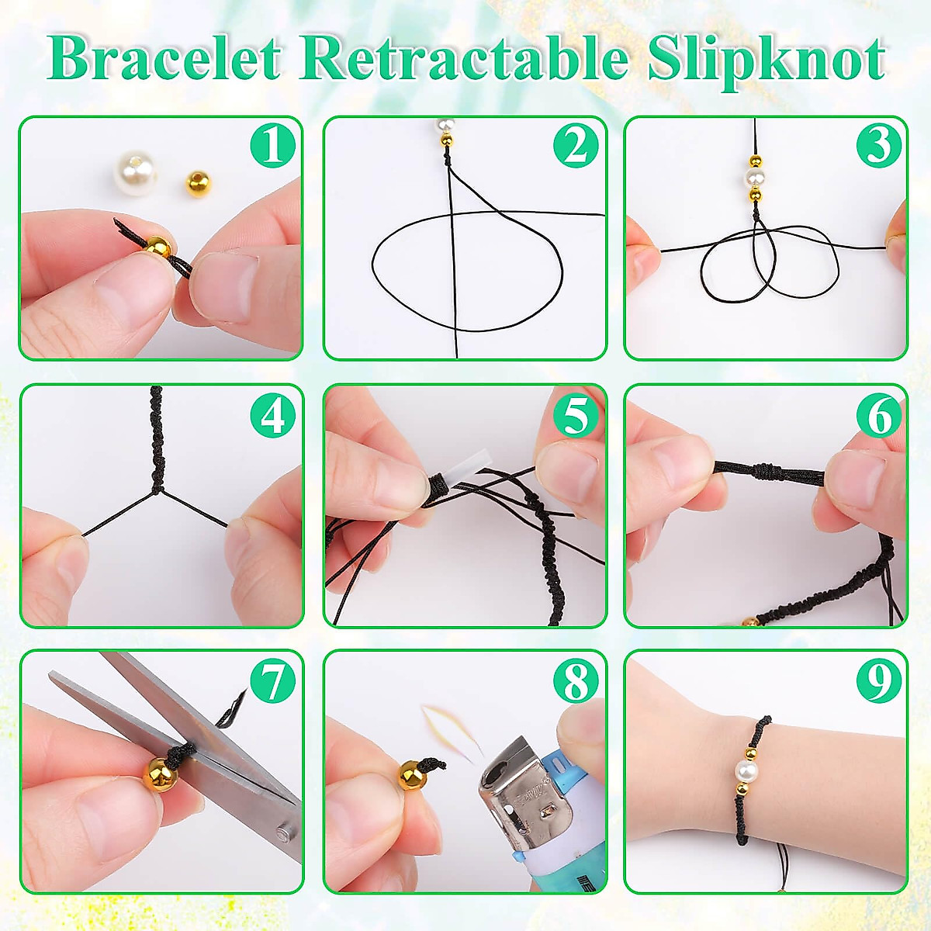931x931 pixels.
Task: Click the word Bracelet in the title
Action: (x=163, y=58)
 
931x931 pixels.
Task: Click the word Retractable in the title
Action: (x=463, y=58)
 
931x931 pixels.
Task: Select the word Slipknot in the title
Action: (x=767, y=58)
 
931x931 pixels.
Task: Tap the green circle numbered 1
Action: (x=272, y=145)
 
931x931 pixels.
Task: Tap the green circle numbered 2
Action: (x=576, y=145)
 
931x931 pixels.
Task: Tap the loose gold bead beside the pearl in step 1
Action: (x=196, y=184)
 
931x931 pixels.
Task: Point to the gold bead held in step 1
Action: (x=157, y=247)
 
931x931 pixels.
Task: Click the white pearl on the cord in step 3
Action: (x=753, y=179)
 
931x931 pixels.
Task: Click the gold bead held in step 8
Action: (x=412, y=774)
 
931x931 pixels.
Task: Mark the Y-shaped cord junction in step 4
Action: (x=158, y=490)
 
